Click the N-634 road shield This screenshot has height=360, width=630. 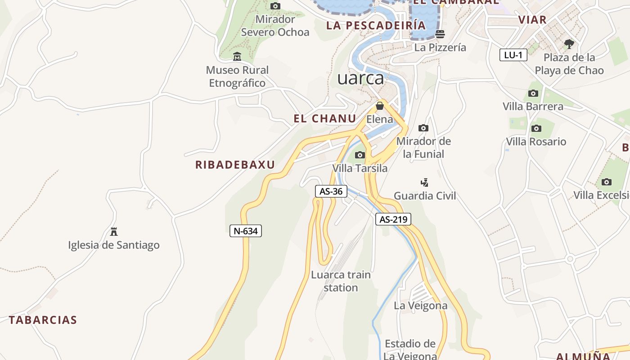coord(245,231)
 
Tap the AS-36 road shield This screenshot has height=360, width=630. coord(331,191)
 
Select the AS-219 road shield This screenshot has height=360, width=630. coord(393,219)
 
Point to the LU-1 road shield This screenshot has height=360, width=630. coord(513,55)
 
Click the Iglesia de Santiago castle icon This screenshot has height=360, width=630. coord(114,232)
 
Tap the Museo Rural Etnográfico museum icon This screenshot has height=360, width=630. coord(237,57)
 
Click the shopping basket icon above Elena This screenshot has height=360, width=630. coord(380,106)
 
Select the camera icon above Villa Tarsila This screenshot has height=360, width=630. coord(360,155)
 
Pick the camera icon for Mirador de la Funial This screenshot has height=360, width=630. coord(423,128)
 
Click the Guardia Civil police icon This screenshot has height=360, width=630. coord(424,183)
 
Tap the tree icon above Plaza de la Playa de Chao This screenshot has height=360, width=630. coord(569,44)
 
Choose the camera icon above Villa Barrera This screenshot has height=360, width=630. coord(533,94)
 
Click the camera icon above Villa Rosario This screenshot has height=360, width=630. coord(536,129)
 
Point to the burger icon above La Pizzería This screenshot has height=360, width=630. coord(440,34)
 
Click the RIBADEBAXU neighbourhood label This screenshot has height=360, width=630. coord(235,165)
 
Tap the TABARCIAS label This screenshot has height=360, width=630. coord(43,320)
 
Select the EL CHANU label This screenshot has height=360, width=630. coord(325,118)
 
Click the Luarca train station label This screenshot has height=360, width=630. coord(341,281)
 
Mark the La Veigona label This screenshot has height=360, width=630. coord(421,306)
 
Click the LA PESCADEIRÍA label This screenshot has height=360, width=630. coord(376,25)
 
